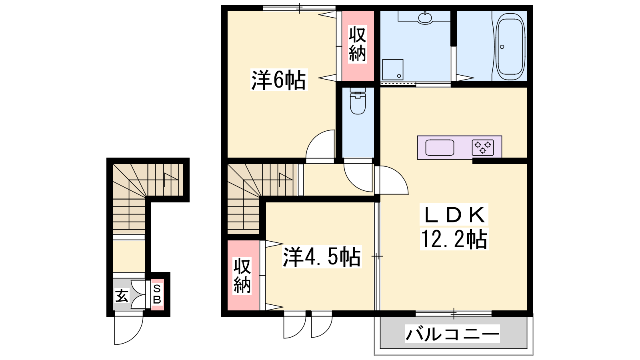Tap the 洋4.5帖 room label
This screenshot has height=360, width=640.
(322, 256)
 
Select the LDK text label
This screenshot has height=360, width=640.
(454, 215)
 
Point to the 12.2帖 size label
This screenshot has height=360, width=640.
(454, 239)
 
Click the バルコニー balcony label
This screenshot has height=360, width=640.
(452, 334)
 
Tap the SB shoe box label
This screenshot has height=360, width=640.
(157, 294)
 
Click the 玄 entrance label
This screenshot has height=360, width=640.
(122, 296)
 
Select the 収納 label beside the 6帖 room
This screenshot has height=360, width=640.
(357, 44)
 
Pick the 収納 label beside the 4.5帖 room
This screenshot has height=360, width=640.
(242, 276)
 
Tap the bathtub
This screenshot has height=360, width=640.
(510, 47)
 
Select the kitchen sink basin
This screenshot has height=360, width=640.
(440, 148)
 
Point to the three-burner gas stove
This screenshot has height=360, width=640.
(483, 148)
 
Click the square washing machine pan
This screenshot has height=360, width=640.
(393, 70)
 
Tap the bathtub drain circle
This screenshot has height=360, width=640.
(502, 47)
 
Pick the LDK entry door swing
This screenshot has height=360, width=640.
(392, 180)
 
